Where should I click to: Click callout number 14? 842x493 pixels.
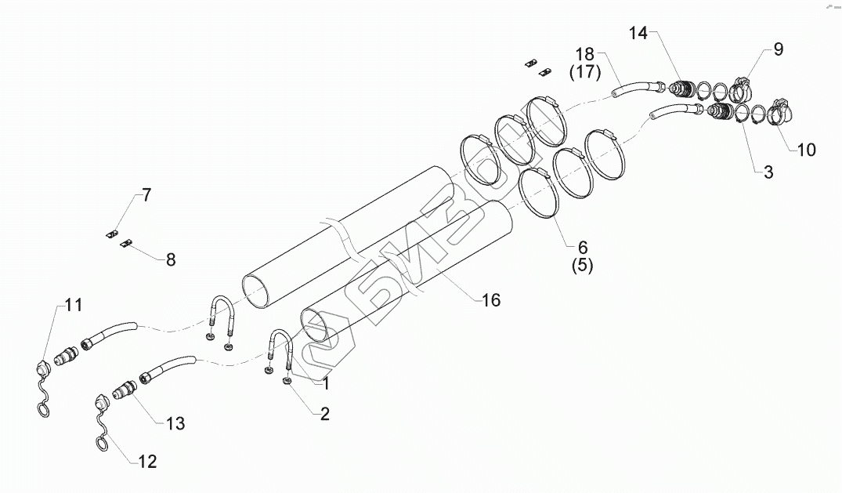click(639, 33)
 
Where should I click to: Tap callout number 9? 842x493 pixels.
click(778, 49)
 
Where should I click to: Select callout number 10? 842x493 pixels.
click(805, 149)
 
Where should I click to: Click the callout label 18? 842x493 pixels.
click(585, 55)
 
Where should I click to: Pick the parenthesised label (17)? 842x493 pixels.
click(584, 73)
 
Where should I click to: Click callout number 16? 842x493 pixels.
click(490, 299)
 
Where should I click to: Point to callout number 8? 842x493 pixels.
click(170, 259)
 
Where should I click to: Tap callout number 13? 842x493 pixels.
click(175, 423)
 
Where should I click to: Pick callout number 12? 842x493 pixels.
click(147, 461)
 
